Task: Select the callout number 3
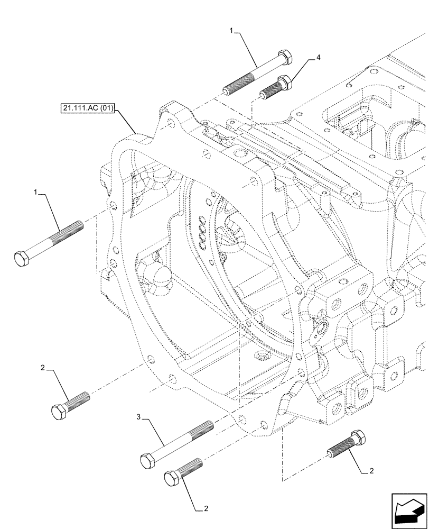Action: point(139,418)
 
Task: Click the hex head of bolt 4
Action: point(285,82)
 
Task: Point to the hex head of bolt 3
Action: point(148,460)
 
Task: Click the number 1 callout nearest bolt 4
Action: point(231,31)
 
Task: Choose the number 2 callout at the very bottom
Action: point(207,509)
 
